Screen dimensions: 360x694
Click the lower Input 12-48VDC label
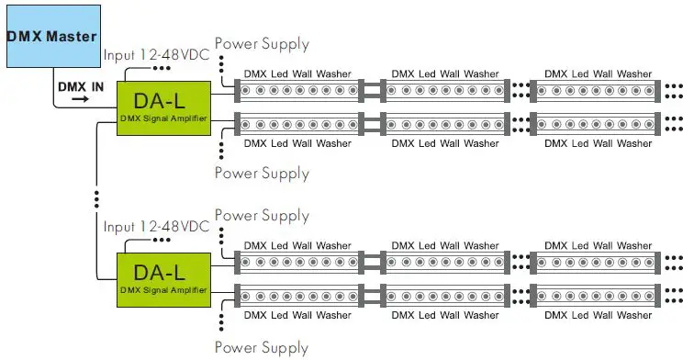pos(156,226)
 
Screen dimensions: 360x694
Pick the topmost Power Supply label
pos(262,43)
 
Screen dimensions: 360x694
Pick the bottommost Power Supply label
pos(262,347)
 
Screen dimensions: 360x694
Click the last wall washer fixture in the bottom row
pos(597,296)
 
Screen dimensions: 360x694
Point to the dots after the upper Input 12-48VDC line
pos(162,68)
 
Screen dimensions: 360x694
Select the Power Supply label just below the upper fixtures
pos(262,173)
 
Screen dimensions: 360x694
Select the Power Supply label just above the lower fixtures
pos(262,216)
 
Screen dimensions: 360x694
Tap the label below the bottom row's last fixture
pos(598,315)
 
